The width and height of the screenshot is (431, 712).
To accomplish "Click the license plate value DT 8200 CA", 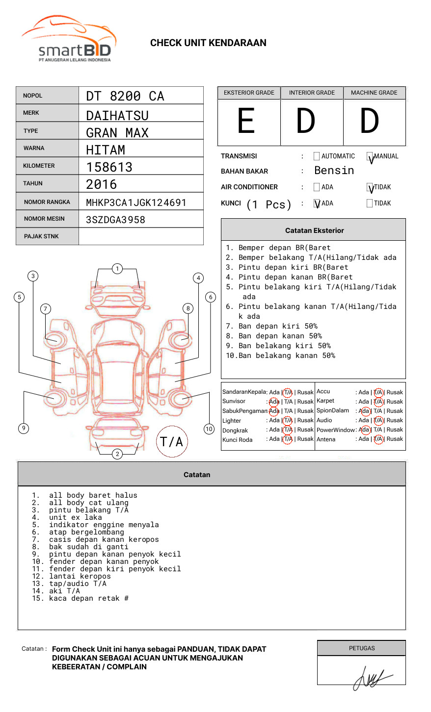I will coord(125,96).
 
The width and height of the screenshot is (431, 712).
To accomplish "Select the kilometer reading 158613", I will coord(109,167).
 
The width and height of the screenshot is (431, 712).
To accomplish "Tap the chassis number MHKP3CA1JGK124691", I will coord(136,203).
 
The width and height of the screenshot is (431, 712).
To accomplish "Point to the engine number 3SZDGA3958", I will coord(115,220).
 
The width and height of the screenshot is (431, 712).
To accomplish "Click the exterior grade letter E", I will coord(246,121).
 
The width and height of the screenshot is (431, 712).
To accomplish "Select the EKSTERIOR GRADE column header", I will coord(249,93).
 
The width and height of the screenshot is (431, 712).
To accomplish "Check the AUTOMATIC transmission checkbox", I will coord(317,156).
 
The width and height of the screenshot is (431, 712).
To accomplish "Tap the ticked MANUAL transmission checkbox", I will coord(370,156).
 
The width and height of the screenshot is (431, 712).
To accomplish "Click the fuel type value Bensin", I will coord(334,171).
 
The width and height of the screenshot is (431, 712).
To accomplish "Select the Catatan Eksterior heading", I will coord(314,230).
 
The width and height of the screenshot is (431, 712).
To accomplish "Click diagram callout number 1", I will coord(117,269).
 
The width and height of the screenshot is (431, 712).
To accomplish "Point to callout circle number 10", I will coord(209,429).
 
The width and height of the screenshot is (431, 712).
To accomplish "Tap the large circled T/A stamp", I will coord(172,442).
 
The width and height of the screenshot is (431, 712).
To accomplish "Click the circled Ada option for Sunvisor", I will coord(274,402).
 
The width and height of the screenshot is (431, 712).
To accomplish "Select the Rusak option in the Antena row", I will coord(395,439).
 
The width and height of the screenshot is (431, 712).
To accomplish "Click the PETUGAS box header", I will coord(362,648).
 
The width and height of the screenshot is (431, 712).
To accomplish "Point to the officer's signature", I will coord(371,677).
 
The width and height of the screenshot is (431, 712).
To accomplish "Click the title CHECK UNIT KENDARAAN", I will coord(208,43).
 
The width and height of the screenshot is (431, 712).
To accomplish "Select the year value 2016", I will coord(102,185).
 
